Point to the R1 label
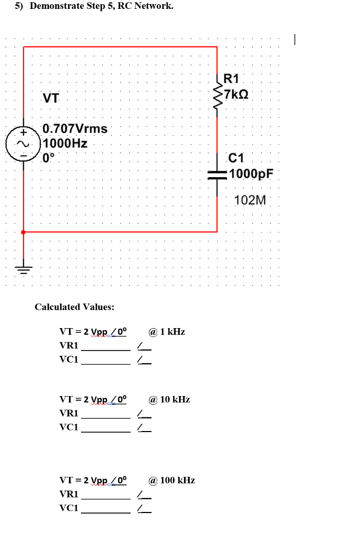coord(231,79)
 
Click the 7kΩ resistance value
coord(236,95)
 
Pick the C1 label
coord(236,158)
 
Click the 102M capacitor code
coord(250,200)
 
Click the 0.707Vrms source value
coord(75,129)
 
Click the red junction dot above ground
coord(23,231)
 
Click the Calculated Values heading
coord(74,307)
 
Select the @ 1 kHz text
coord(167,332)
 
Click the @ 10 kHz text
coord(169,400)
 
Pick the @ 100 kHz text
coord(171,480)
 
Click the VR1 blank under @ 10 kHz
coord(106,414)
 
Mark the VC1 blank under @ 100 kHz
coord(106,508)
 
